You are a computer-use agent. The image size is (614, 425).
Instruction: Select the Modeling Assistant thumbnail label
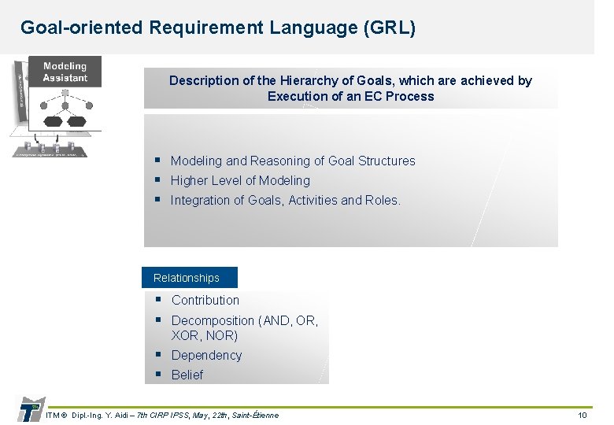pyautogui.click(x=65, y=72)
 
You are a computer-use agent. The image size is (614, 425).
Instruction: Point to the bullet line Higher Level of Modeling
pyautogui.click(x=240, y=180)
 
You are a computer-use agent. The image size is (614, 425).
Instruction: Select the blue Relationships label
pyautogui.click(x=187, y=278)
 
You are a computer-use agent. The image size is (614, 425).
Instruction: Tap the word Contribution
pyautogui.click(x=205, y=300)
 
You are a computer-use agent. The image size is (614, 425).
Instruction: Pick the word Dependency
pyautogui.click(x=206, y=355)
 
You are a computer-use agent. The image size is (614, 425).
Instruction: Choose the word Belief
pyautogui.click(x=187, y=375)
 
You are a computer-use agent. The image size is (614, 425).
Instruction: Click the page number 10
pyautogui.click(x=583, y=415)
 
